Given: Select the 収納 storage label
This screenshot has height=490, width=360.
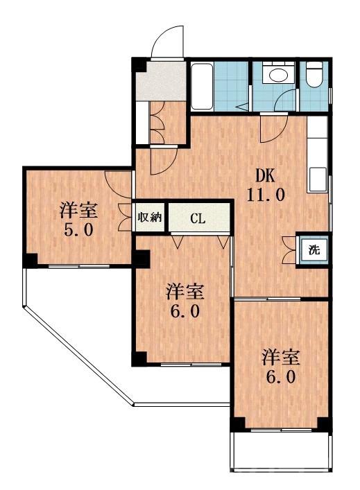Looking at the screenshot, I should (x=149, y=217).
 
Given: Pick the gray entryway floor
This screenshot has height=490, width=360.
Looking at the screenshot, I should (x=160, y=82).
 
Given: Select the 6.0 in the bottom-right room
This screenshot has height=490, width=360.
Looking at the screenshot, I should (x=281, y=378).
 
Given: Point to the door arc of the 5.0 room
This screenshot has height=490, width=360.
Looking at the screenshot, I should (x=118, y=182).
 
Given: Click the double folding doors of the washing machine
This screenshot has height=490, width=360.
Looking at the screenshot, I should (x=289, y=250).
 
